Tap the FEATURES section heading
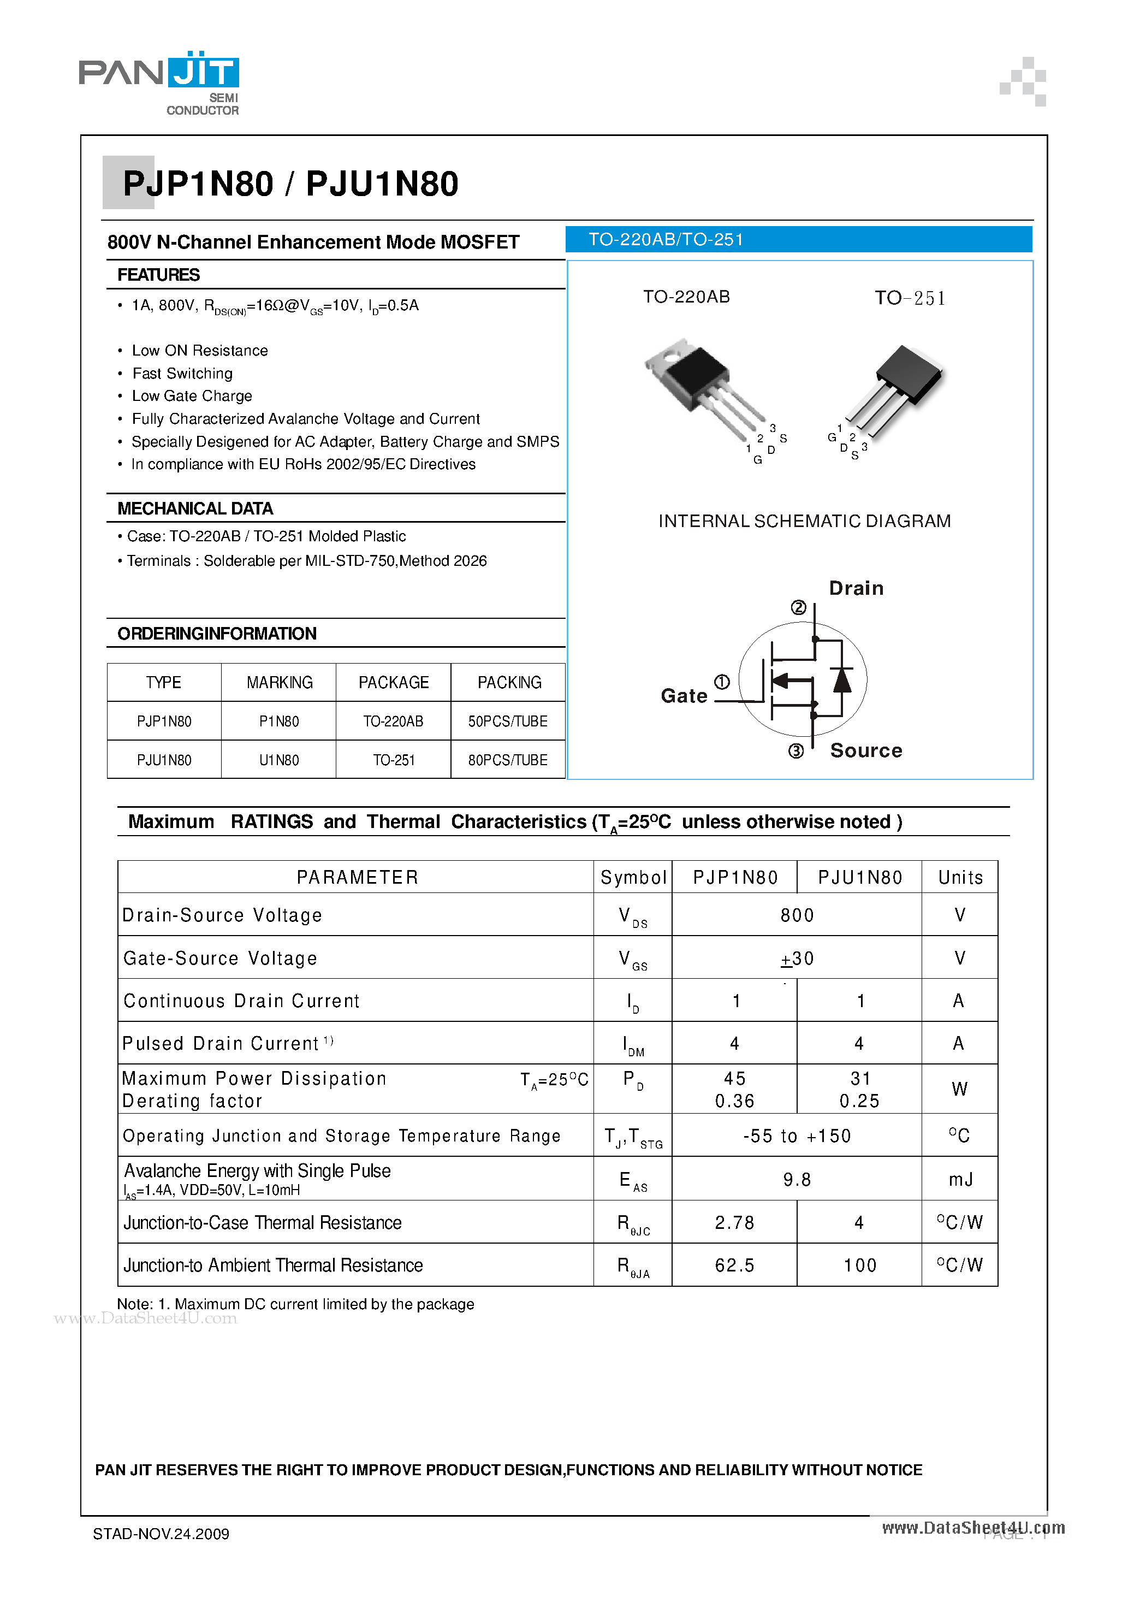(158, 275)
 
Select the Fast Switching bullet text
(182, 374)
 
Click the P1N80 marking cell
(279, 721)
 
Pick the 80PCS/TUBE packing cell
(508, 760)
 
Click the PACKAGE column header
(394, 682)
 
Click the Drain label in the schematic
(856, 588)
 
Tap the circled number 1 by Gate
(722, 682)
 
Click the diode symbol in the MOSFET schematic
(842, 679)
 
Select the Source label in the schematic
(866, 750)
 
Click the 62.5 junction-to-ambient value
(734, 1265)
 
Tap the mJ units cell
(960, 1180)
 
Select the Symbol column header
(633, 878)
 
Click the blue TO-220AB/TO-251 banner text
(666, 240)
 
